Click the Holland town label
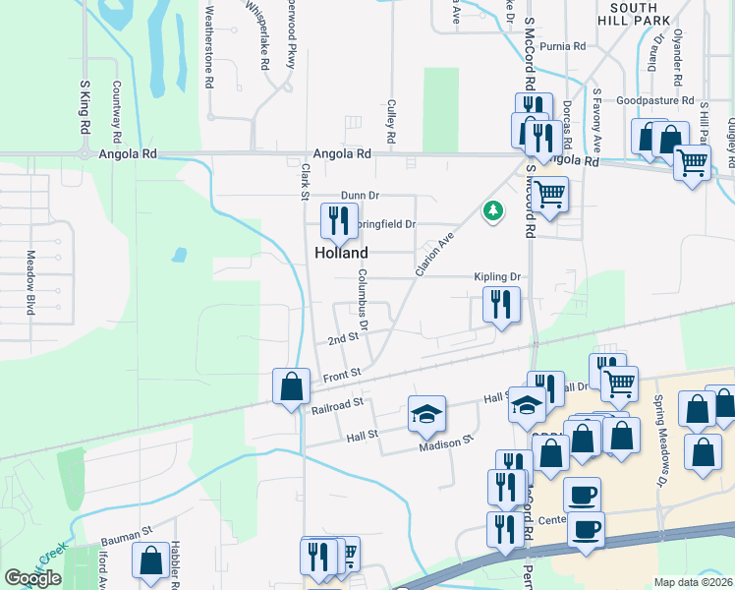coord(341,253)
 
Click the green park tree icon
coord(492,210)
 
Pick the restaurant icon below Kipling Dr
coord(501,306)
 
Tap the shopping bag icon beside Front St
coord(292,385)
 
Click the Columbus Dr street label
coord(363,299)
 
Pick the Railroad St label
coord(338,403)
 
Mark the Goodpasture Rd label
coord(655,100)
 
